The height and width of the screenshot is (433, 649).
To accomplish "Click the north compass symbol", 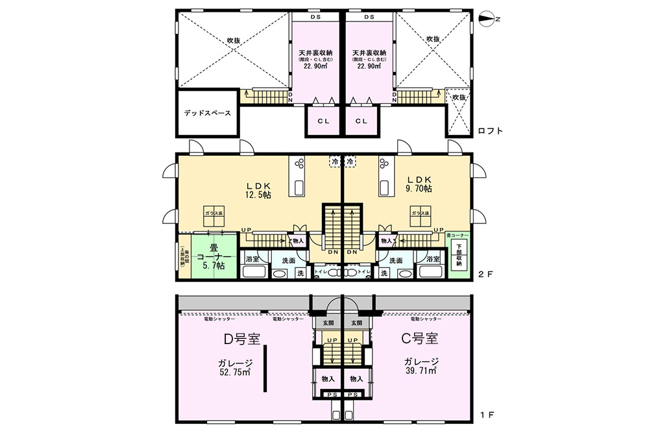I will [x=487, y=19].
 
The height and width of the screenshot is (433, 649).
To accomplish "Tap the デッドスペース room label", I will [x=207, y=113].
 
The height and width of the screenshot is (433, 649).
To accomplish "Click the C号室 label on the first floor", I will [x=418, y=339].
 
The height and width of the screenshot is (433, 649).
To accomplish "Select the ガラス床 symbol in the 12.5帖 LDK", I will [x=214, y=217].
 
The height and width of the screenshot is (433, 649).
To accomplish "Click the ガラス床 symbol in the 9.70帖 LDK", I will [x=420, y=216].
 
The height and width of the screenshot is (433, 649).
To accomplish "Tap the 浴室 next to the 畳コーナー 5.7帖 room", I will [x=252, y=260].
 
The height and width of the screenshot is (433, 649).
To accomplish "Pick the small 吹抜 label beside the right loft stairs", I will [x=459, y=97].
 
